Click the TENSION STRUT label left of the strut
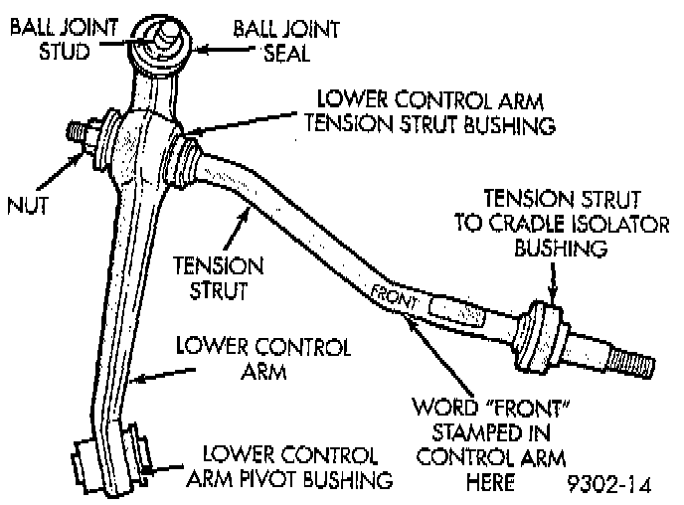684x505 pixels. pos(219,279)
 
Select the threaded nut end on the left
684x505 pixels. pos(79,132)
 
